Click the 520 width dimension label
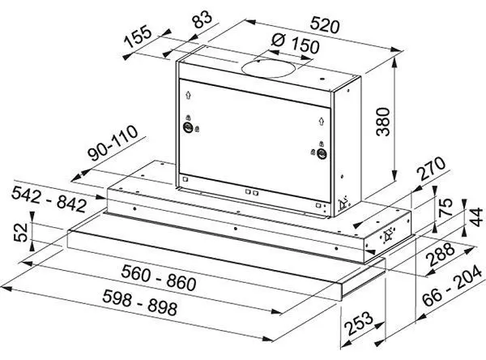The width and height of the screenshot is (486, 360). pyautogui.click(x=325, y=25)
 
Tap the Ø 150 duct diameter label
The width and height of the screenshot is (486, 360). pyautogui.click(x=295, y=44)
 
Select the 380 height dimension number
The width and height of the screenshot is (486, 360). pyautogui.click(x=383, y=122)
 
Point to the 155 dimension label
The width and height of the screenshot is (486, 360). pyautogui.click(x=138, y=37)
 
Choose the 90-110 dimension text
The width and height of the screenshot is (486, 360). pyautogui.click(x=113, y=143)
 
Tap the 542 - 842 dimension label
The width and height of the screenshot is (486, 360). pyautogui.click(x=49, y=199)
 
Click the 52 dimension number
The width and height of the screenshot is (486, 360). pyautogui.click(x=21, y=233)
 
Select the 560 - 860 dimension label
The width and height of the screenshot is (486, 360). pyautogui.click(x=159, y=277)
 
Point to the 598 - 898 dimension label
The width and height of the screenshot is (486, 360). pyautogui.click(x=140, y=302)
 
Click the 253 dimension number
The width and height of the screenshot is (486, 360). pyautogui.click(x=359, y=324)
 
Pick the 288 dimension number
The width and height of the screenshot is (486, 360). pyautogui.click(x=441, y=255)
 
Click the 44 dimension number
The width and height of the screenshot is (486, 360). pyautogui.click(x=475, y=217)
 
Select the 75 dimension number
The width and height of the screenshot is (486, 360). pyautogui.click(x=446, y=207)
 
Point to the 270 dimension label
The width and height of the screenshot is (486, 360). pyautogui.click(x=432, y=169)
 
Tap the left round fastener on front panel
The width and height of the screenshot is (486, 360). pyautogui.click(x=188, y=127)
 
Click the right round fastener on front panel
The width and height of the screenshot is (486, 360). pyautogui.click(x=322, y=153)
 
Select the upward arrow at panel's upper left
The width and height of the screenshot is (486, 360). pyautogui.click(x=188, y=95)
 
